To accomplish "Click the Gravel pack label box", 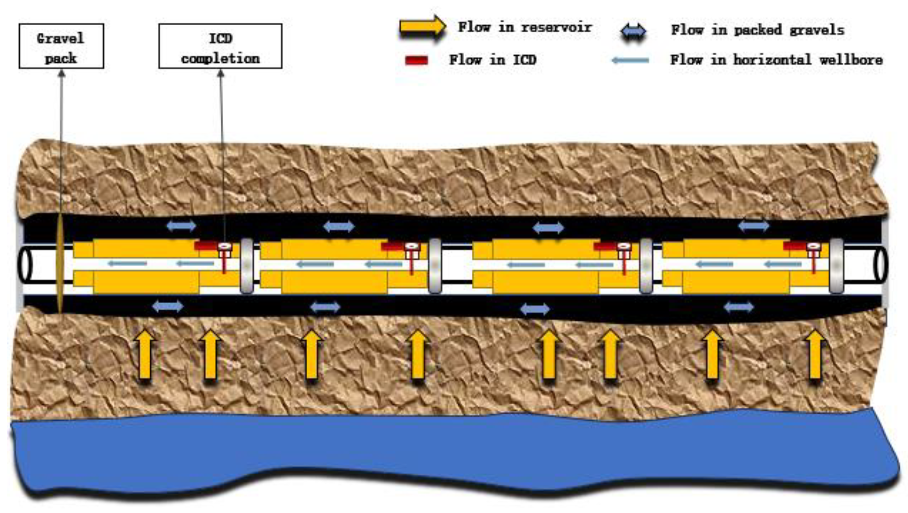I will [61, 46].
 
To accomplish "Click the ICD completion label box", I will [220, 46].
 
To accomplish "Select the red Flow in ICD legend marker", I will [416, 60].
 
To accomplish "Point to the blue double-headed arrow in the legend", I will [633, 32].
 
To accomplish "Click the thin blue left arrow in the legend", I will [630, 60].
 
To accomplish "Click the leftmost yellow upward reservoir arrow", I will [145, 355].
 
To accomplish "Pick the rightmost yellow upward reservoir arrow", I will [815, 355].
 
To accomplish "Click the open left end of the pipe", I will [25, 265].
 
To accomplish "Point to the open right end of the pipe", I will [880, 265].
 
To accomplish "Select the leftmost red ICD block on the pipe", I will [206, 246].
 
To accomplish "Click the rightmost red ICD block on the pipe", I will [794, 246].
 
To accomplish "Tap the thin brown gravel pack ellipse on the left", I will [60, 265].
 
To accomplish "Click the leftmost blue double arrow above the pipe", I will [181, 225].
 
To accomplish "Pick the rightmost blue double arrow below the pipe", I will [739, 307].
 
